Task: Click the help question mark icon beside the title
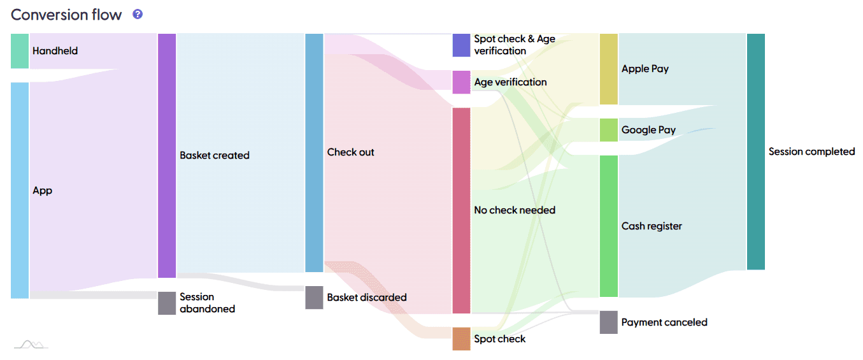coord(138,14)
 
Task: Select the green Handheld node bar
coord(20,51)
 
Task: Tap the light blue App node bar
coord(20,190)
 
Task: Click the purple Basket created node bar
coord(167,155)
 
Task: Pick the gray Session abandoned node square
coord(167,303)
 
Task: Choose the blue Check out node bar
coord(315,153)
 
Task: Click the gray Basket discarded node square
coord(315,298)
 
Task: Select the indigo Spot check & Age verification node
coord(461,45)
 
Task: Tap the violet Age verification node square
coord(461,82)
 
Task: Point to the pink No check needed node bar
coord(461,210)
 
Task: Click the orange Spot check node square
coord(461,339)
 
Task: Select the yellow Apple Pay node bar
coord(608,69)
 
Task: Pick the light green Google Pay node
coord(608,130)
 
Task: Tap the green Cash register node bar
coord(608,226)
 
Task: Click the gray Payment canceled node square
coord(608,322)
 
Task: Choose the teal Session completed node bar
coord(755,152)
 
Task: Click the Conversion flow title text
coord(66,15)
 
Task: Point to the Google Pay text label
coord(648,130)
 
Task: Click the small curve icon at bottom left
coord(31,345)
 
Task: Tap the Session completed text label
coord(811,152)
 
